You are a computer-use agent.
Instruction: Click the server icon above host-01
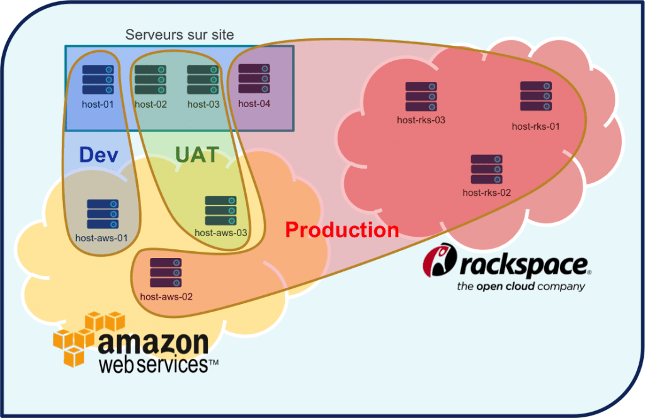click(x=98, y=80)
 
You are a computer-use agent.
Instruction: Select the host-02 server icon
click(x=151, y=80)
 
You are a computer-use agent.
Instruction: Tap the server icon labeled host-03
click(x=203, y=80)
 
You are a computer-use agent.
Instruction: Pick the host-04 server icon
click(x=254, y=79)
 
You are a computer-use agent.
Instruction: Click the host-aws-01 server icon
click(x=103, y=215)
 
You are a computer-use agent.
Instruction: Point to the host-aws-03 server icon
click(x=221, y=211)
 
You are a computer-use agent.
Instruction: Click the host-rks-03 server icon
click(x=421, y=97)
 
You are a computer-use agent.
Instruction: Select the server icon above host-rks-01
click(x=536, y=96)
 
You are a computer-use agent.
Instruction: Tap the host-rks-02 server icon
click(x=487, y=169)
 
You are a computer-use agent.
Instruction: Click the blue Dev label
click(x=99, y=154)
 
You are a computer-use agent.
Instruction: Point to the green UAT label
click(x=197, y=154)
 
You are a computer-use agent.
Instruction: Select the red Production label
click(x=342, y=230)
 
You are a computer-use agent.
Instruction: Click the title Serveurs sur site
click(x=180, y=35)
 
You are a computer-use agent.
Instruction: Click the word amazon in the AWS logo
click(x=153, y=342)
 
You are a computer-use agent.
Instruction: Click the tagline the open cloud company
click(x=520, y=287)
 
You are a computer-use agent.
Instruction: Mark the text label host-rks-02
click(x=487, y=193)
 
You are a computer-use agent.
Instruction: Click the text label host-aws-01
click(x=101, y=238)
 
